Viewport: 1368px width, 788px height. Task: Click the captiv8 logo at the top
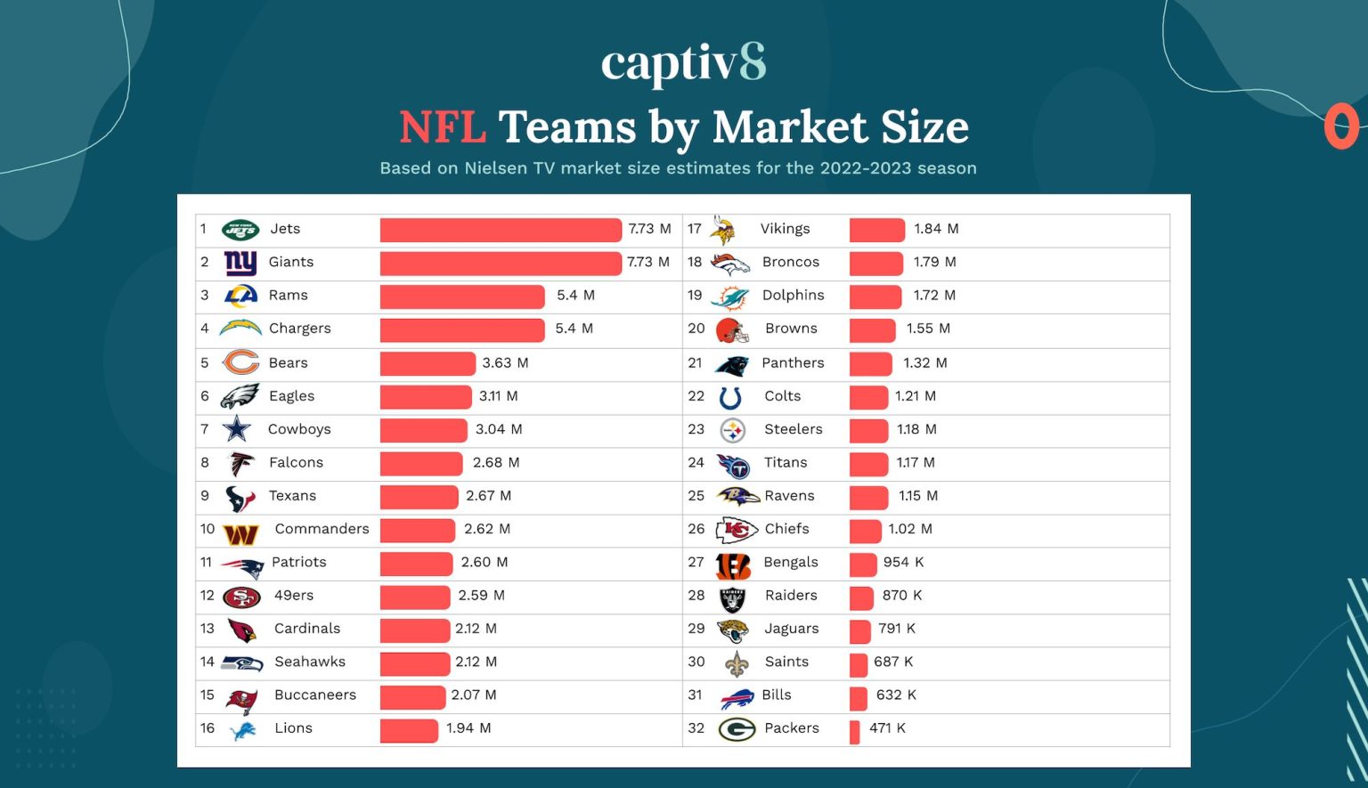tap(683, 64)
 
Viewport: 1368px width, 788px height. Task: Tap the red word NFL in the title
tap(442, 127)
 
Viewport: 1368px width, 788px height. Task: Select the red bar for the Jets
tap(500, 230)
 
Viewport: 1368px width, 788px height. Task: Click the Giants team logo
tap(240, 263)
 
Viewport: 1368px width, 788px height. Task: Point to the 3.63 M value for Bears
tap(505, 363)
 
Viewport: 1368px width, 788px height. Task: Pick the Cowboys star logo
tap(237, 429)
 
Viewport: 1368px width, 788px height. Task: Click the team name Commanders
tap(322, 529)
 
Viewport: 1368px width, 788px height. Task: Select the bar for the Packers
tap(854, 731)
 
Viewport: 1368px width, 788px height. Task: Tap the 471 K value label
tap(887, 728)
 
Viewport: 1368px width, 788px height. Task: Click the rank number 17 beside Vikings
tap(695, 229)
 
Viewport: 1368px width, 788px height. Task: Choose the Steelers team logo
tap(732, 431)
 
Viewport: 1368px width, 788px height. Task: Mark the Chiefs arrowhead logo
tap(736, 531)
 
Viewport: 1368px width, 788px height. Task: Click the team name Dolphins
tap(793, 296)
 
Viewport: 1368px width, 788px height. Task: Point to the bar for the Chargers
tap(461, 329)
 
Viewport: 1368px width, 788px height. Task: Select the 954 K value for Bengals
tap(903, 563)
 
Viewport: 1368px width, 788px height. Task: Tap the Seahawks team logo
tap(241, 663)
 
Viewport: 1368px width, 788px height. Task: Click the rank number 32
tap(696, 728)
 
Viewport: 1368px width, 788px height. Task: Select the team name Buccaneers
tap(315, 695)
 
